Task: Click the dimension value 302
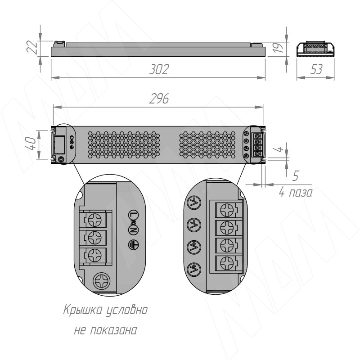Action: coord(159,69)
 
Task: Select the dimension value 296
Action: coord(159,99)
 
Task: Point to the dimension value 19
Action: coord(278,48)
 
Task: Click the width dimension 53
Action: coord(316,69)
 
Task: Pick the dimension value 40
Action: coord(31,144)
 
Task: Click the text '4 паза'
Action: coord(296,193)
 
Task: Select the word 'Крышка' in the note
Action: coord(83,310)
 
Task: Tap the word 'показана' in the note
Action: coord(113,331)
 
